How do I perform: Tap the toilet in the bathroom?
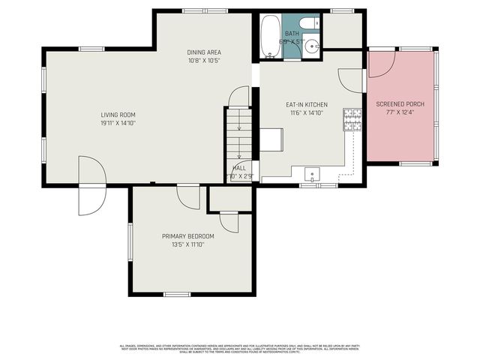click(x=310, y=25)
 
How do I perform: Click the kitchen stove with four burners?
click(x=350, y=119)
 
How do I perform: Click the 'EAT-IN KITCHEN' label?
click(x=304, y=105)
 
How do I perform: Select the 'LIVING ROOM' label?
click(x=118, y=115)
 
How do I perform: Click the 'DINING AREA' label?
click(x=203, y=52)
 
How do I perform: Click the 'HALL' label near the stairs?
click(x=239, y=168)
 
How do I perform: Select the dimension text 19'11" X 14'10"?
click(x=118, y=124)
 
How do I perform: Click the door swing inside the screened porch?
click(x=382, y=64)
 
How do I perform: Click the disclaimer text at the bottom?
click(x=240, y=349)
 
